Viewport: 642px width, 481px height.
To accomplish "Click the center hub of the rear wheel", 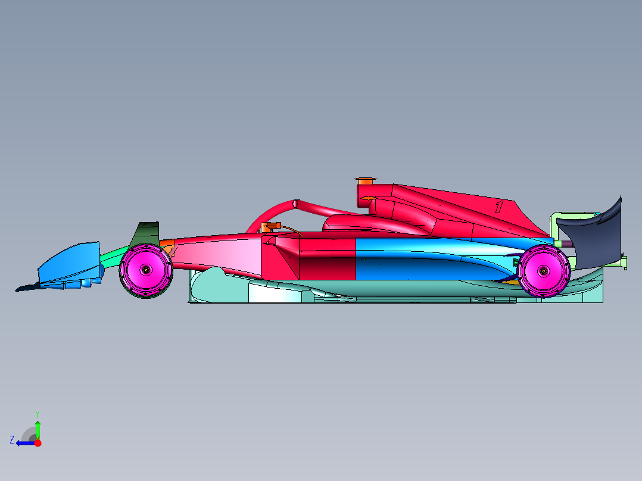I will (x=544, y=271).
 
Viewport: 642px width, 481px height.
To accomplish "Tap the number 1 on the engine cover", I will (x=499, y=207).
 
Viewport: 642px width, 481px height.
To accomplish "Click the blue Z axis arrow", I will (x=24, y=443).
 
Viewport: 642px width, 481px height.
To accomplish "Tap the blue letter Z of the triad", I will (x=12, y=440).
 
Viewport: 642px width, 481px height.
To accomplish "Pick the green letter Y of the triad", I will (x=38, y=413).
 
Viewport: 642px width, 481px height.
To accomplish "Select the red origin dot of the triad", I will (x=38, y=443).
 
